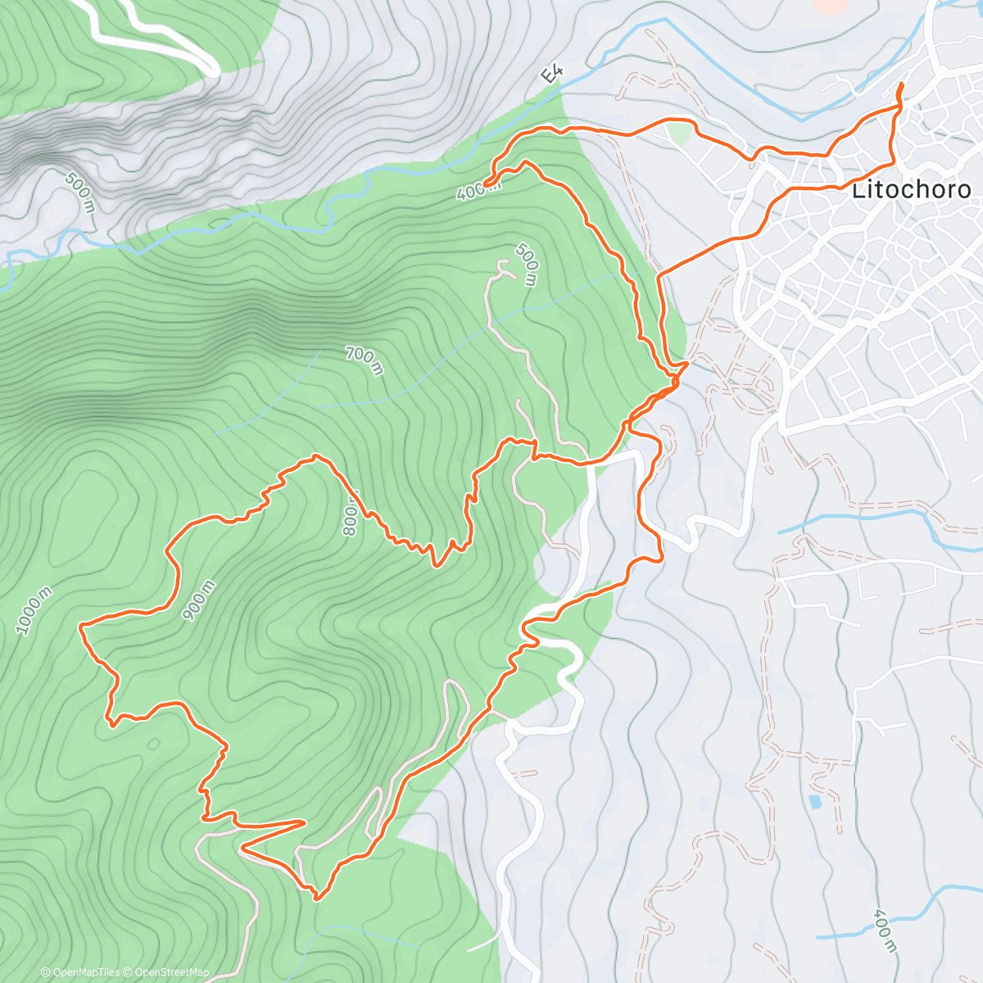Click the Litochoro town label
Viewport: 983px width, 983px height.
coord(911,190)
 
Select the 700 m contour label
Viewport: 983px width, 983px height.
coord(364,360)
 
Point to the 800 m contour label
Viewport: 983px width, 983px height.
coord(351,514)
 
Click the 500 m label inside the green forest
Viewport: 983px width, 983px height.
coord(527,264)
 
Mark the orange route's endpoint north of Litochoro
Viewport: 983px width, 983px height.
coord(901,85)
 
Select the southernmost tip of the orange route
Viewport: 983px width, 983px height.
coord(317,899)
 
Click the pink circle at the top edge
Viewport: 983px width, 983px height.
coord(831,4)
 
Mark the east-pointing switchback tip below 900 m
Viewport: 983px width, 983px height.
coord(305,820)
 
